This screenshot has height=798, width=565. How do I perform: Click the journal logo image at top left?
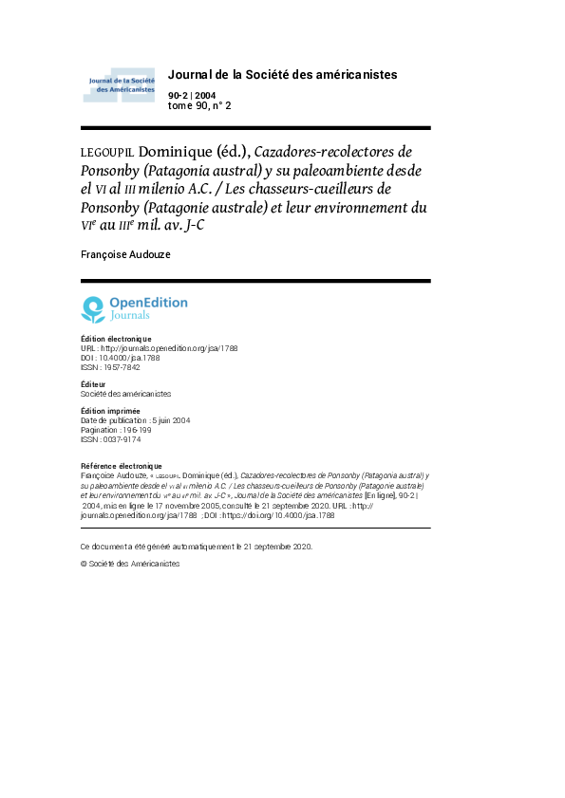[x=119, y=84]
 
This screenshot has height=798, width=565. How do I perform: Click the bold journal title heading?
[x=282, y=74]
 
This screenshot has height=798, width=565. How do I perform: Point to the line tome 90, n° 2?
[x=199, y=105]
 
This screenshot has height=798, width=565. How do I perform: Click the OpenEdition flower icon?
[x=93, y=308]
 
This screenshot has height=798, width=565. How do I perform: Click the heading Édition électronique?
[x=116, y=339]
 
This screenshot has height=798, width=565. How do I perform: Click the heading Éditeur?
[x=93, y=383]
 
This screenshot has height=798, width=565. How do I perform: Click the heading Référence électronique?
[x=122, y=466]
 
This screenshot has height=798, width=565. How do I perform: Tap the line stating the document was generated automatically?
[x=196, y=547]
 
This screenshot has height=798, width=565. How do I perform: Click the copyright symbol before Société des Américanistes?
[x=84, y=564]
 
